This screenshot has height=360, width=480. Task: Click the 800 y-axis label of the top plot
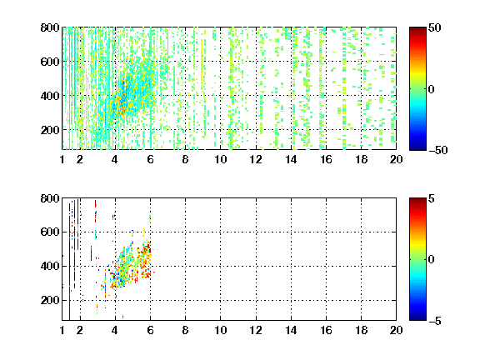(x=50, y=27)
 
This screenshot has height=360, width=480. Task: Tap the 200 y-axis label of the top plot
(x=50, y=130)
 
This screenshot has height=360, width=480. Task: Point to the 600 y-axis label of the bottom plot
(x=50, y=232)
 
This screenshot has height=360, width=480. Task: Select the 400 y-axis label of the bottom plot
(x=50, y=266)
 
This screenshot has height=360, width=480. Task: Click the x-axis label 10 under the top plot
(x=220, y=159)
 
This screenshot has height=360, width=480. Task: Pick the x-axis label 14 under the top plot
(x=291, y=159)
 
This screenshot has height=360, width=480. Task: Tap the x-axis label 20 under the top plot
(x=396, y=159)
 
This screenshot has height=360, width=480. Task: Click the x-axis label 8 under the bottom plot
(x=185, y=330)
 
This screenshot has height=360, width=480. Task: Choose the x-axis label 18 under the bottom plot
(x=361, y=330)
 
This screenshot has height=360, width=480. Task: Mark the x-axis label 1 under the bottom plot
(x=62, y=330)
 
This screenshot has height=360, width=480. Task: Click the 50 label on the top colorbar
(x=434, y=28)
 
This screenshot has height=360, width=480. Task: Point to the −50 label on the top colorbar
(x=438, y=150)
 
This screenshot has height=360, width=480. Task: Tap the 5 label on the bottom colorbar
(x=432, y=199)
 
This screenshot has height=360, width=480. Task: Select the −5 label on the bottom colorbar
(x=435, y=321)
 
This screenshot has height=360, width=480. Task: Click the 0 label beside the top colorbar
(x=432, y=89)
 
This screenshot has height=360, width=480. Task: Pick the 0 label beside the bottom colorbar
(x=432, y=260)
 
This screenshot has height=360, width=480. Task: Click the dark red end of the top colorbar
(x=417, y=29)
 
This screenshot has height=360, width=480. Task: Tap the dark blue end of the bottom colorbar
(x=417, y=318)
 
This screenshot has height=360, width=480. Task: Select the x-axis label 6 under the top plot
(x=150, y=159)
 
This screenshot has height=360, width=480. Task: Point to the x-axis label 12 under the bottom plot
(x=256, y=330)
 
